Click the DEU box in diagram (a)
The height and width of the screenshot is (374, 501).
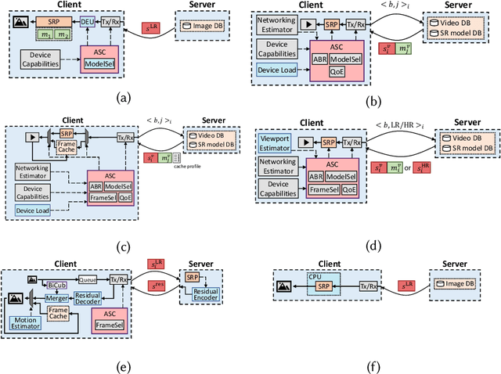coord(87,22)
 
